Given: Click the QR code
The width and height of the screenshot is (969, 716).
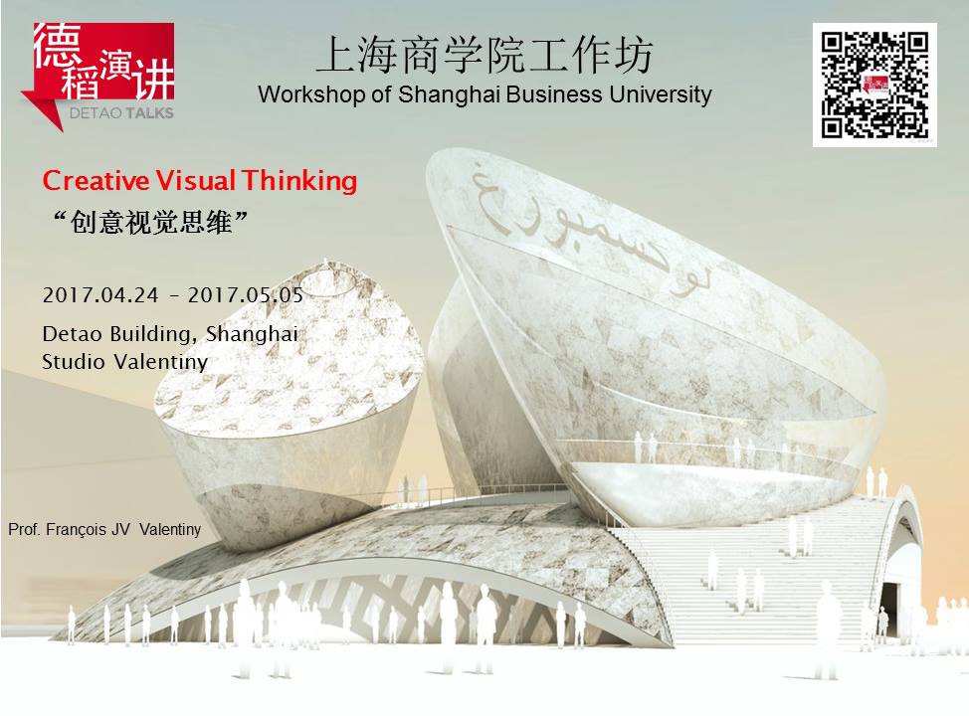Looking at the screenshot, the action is point(874,86).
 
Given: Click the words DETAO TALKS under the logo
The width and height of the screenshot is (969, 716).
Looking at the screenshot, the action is point(121,113).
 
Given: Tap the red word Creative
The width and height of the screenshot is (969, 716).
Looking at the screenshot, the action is point(96,181).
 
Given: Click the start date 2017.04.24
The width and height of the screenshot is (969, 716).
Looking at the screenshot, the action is point(100,295).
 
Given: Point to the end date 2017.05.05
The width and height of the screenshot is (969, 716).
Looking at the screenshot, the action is point(246,295).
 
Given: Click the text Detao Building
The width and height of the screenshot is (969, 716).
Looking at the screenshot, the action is point(115,334).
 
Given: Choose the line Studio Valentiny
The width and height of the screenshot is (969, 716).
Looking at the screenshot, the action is point(124,362).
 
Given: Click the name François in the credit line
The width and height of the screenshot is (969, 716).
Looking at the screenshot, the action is point(76,530).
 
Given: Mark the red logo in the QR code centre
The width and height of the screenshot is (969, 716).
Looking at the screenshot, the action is point(875,85).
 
